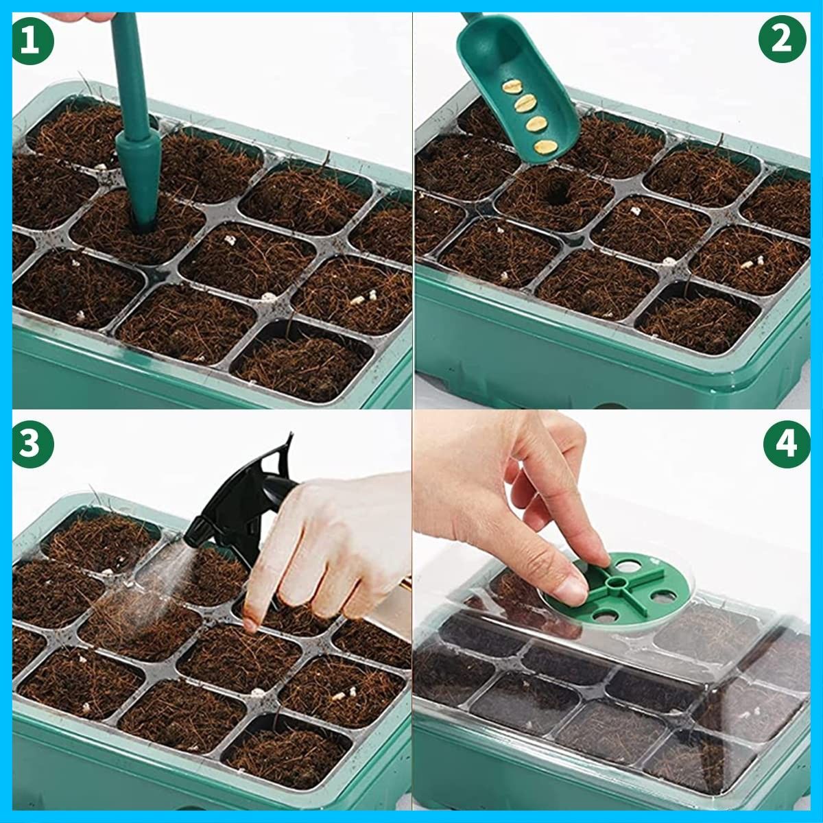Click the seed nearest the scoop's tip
coord(546,147)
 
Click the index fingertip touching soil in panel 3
coord(250,623)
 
